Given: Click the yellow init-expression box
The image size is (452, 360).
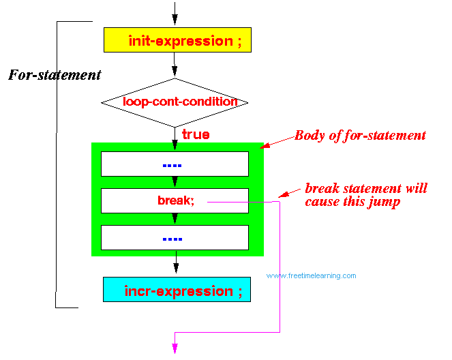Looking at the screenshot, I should (x=175, y=40).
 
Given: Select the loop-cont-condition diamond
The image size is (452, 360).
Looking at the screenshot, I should (x=175, y=102).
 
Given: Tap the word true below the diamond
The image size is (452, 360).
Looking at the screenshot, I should (x=196, y=134).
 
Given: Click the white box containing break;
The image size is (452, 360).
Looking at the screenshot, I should (x=175, y=200).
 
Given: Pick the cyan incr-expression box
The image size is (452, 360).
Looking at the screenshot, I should (x=176, y=290).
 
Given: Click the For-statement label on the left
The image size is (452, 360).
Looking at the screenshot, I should (x=55, y=75).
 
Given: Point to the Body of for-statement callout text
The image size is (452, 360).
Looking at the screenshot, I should (x=360, y=135).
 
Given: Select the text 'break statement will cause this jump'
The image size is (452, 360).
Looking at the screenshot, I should (x=365, y=195).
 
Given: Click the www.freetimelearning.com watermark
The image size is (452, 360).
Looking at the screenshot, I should (x=311, y=276).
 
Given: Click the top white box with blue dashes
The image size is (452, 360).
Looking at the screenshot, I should (x=175, y=164).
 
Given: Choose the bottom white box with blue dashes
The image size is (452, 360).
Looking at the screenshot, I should (x=175, y=237).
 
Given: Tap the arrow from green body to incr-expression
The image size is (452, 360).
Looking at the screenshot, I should (x=175, y=266).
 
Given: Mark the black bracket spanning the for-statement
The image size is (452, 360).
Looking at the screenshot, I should (x=56, y=164).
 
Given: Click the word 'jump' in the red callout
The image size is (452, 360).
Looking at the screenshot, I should (x=385, y=202).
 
